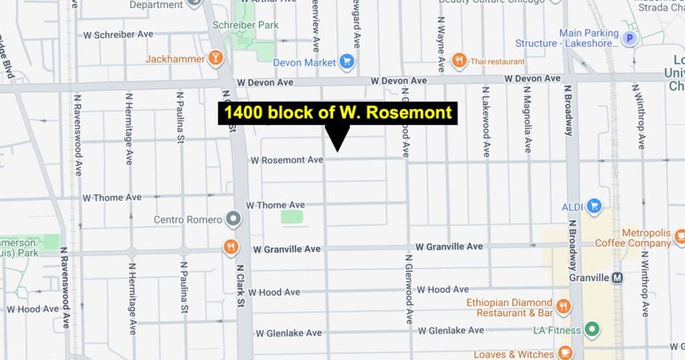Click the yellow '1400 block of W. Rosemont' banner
(338, 112)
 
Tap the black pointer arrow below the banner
(338, 138)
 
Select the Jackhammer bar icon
(215, 58)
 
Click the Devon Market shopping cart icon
(346, 61)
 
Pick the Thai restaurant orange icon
(459, 60)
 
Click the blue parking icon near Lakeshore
(630, 37)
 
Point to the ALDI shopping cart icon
(593, 206)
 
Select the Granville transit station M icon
(617, 277)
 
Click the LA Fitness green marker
(591, 329)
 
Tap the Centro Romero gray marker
(233, 217)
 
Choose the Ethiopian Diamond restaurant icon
(563, 306)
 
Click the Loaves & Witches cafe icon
(565, 353)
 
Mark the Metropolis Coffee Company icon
(679, 237)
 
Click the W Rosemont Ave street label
(287, 160)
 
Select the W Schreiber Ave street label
(118, 35)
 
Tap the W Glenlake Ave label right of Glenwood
(450, 331)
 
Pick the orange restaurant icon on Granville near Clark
(231, 247)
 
